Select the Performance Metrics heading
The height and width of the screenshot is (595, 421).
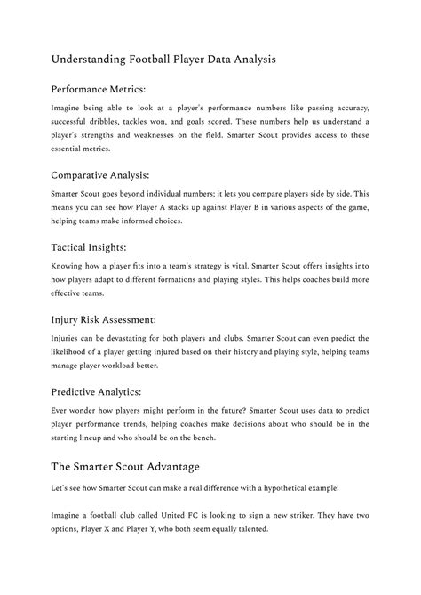[x=99, y=89]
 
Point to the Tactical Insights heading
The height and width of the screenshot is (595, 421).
[x=88, y=246]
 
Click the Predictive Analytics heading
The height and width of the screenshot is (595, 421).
[x=96, y=390]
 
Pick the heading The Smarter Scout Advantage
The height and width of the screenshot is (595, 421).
[x=125, y=466]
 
